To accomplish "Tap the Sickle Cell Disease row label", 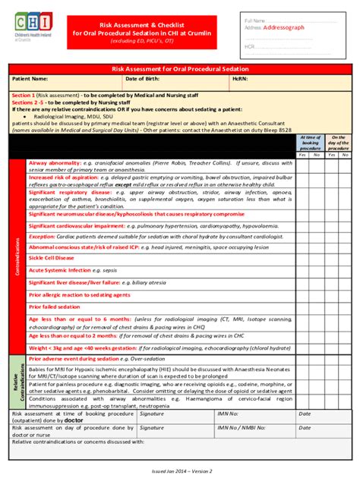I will pyautogui.click(x=52, y=257).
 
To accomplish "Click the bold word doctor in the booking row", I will pyautogui.click(x=74, y=419).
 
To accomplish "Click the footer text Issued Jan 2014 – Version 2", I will pyautogui.click(x=180, y=470).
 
